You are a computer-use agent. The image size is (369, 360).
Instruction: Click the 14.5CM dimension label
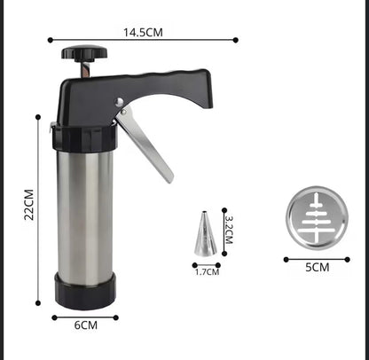(143, 32)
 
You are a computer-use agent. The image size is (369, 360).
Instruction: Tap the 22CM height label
(29, 205)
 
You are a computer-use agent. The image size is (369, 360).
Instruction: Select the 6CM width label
(86, 325)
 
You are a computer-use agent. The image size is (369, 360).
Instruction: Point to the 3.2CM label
(229, 230)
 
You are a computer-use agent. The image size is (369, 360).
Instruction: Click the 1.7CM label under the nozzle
(207, 272)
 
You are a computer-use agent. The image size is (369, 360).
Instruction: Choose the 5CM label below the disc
(318, 268)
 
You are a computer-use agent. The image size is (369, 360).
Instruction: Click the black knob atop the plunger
(84, 52)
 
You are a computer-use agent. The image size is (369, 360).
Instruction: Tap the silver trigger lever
(145, 145)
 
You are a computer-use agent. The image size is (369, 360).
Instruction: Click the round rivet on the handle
(119, 102)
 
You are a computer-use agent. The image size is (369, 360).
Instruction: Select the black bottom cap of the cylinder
(85, 291)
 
